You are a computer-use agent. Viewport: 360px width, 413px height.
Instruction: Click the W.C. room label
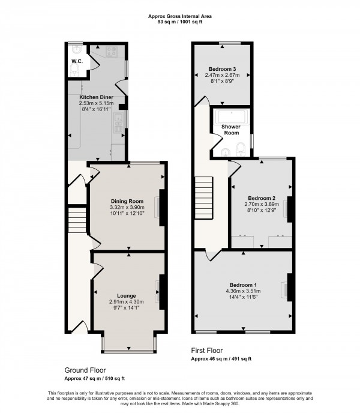coord(77,61)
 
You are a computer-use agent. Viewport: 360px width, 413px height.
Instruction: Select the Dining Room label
coord(127,201)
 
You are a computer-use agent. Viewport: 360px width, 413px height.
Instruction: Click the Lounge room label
coord(126,295)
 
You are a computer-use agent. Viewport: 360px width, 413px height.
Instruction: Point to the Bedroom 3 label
coord(222,68)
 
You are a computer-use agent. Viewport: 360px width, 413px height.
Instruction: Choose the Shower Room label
coord(232,130)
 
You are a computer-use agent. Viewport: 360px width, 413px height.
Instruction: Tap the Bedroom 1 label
coord(243,285)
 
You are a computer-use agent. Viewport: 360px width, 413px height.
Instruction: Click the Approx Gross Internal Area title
coord(179,16)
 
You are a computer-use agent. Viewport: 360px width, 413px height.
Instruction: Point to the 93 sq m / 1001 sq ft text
coord(179,23)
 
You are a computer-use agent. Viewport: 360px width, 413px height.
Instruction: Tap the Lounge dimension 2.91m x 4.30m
coord(126,301)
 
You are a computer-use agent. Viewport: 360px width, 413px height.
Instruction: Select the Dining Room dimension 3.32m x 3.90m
coord(127,208)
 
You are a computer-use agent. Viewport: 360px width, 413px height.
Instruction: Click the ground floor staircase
coord(76,220)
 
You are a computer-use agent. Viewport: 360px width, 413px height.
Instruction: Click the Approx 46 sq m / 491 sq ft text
coord(221,359)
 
